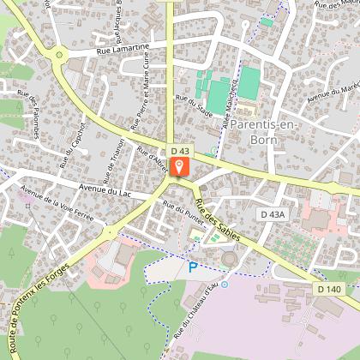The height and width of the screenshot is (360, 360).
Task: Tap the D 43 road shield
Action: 179,151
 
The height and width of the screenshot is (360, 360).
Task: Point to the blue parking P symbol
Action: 193,267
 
